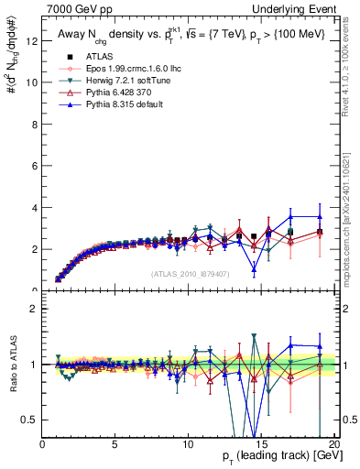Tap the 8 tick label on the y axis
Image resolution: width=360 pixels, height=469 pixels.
34,124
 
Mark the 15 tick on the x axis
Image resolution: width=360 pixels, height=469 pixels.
260,442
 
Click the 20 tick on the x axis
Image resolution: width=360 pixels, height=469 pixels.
333,442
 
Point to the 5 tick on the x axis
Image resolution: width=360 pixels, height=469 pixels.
115,442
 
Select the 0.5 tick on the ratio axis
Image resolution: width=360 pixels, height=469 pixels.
28,420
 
